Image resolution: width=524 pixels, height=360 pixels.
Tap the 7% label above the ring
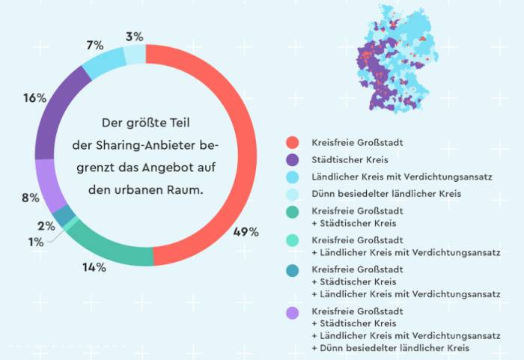[95, 46]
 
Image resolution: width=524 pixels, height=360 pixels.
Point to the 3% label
[135, 36]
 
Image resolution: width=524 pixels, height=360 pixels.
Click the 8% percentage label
[31, 198]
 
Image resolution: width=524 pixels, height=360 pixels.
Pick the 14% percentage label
[95, 266]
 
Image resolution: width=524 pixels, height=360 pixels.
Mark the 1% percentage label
[35, 240]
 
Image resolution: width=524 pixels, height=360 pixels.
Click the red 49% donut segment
[225, 150]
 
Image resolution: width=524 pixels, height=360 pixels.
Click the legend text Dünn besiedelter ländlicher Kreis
[386, 194]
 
